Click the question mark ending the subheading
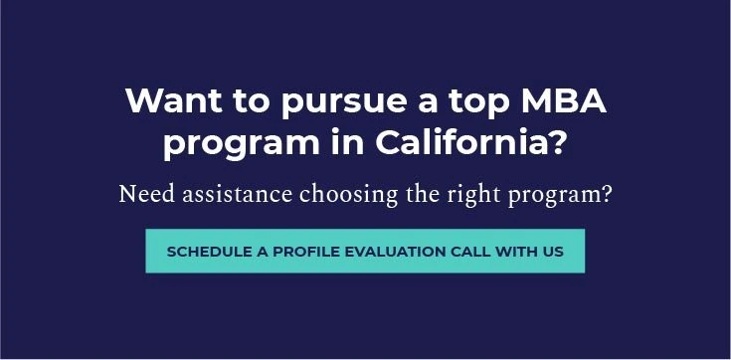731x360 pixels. (607, 193)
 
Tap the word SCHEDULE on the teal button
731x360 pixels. (207, 252)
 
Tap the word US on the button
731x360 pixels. (553, 252)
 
